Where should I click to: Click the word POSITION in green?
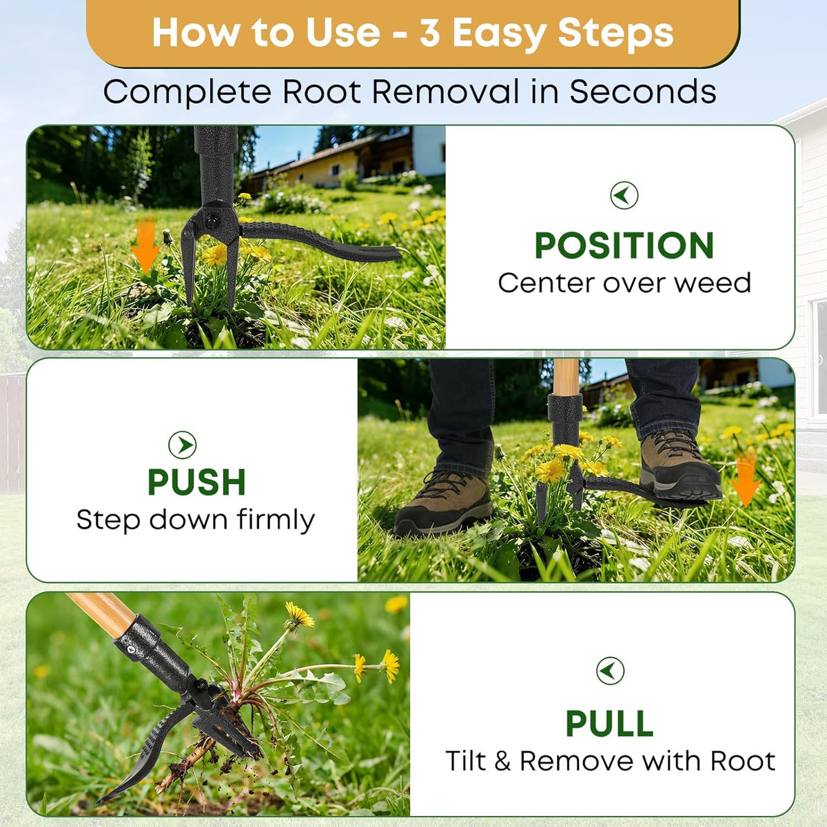624,245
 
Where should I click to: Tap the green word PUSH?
196,482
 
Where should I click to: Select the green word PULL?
609,724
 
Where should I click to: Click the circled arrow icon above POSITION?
624,195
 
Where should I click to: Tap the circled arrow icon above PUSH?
183,445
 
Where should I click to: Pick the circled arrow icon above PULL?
610,671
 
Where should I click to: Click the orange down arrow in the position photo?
146,245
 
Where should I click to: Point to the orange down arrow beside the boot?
746,478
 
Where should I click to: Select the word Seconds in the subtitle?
643,92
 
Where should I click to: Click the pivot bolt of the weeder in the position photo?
211,221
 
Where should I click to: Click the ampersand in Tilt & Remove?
502,762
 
